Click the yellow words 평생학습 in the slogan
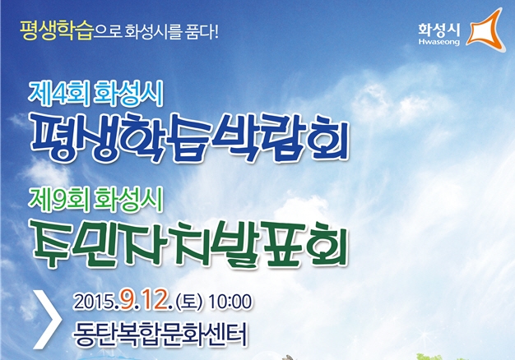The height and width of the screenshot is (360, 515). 57,30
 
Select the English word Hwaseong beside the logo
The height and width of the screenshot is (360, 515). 439,42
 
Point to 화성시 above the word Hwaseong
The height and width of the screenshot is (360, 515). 439,30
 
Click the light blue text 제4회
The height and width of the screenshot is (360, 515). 58,94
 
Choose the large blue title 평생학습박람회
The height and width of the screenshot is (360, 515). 189,137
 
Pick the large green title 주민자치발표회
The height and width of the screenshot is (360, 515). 189,242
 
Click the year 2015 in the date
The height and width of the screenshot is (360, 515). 94,302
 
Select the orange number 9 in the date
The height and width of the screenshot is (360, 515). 127,302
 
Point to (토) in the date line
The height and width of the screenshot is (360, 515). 189,302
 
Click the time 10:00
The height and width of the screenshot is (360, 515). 230,302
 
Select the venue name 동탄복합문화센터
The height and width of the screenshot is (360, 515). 160,335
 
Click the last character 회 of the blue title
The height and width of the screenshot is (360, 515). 328,137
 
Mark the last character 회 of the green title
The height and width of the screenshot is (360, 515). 328,242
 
